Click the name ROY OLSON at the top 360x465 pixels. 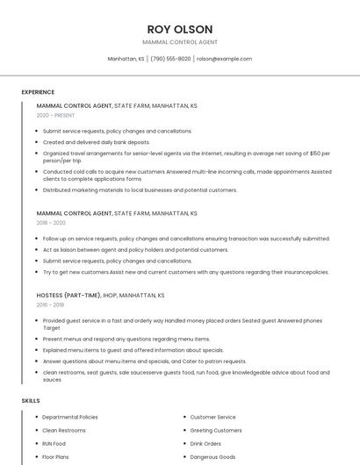(179, 28)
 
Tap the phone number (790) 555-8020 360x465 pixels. (170, 59)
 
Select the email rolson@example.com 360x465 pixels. (224, 59)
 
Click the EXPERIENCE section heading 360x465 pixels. (38, 91)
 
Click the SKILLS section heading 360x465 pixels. (30, 400)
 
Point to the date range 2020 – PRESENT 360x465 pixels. (55, 115)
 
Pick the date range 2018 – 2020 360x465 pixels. (51, 223)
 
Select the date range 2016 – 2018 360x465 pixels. (50, 305)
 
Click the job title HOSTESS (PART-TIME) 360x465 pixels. (66, 296)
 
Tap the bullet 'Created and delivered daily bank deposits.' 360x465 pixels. (96, 141)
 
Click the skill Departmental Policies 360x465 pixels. (70, 417)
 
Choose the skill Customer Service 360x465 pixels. (212, 417)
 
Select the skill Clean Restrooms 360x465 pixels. (64, 430)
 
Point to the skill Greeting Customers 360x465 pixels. (216, 430)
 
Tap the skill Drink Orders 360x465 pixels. (205, 443)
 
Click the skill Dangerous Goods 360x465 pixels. (213, 456)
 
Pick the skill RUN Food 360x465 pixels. (54, 443)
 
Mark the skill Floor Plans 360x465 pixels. (55, 456)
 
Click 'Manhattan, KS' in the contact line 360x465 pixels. (126, 59)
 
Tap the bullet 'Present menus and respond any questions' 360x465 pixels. (126, 339)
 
